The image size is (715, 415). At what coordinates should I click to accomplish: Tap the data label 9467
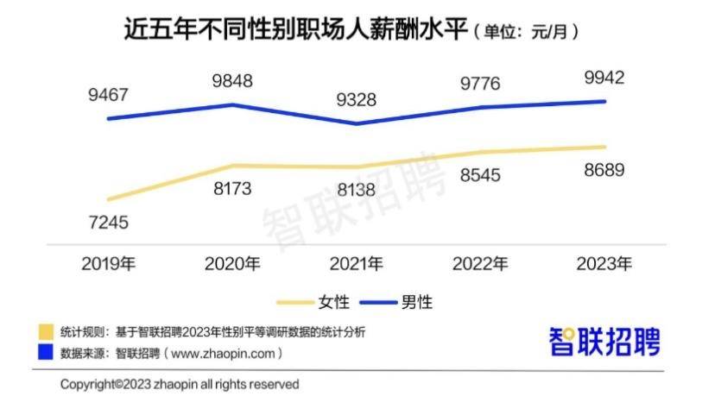107,95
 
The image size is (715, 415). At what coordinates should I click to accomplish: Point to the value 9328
356,99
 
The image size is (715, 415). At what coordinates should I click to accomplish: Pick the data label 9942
604,78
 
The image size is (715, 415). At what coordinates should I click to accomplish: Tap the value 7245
107,222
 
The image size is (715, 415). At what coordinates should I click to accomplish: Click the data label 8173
231,188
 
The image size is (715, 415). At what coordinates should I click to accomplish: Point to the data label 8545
480,176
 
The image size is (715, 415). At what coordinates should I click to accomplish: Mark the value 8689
604,169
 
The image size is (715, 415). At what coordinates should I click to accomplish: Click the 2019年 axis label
109,263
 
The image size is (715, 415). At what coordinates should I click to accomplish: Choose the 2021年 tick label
356,263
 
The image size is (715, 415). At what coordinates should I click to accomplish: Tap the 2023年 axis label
604,263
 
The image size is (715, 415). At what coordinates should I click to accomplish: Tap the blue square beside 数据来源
46,353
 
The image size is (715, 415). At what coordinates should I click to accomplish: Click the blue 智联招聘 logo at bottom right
604,343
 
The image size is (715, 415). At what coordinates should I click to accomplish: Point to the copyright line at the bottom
180,385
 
